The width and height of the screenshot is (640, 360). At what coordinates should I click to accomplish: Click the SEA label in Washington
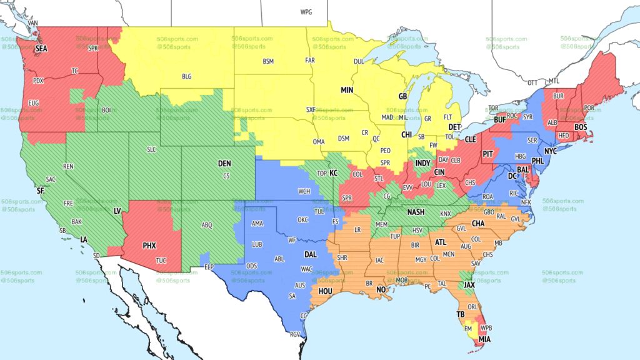[41, 48]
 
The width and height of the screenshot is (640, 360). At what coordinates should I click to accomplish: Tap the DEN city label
[224, 163]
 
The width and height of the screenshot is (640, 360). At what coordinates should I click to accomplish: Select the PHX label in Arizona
[149, 246]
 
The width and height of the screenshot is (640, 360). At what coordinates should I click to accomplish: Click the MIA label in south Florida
[485, 339]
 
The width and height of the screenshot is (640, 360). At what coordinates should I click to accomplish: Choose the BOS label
[581, 127]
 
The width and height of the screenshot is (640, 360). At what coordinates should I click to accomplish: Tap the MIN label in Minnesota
[347, 90]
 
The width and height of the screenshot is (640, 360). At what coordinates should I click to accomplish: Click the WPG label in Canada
[306, 12]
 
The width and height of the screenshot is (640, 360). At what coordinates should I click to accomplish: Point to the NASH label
[416, 212]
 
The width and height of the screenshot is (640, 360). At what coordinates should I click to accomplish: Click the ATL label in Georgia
[441, 242]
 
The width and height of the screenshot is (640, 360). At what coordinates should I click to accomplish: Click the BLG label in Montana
[187, 76]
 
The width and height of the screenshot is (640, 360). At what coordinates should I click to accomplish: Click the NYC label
[551, 152]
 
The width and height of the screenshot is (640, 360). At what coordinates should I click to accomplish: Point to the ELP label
[209, 267]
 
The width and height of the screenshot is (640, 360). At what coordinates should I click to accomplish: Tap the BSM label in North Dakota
[268, 61]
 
